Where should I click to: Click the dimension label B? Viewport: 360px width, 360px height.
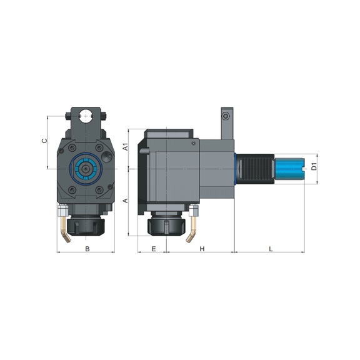pyautogui.click(x=87, y=249)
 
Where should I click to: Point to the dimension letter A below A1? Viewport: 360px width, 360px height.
pyautogui.click(x=125, y=201)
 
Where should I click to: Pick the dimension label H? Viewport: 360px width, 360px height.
pyautogui.click(x=202, y=249)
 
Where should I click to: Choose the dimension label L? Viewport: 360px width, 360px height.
pyautogui.click(x=270, y=249)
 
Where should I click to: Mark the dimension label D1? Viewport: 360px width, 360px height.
pyautogui.click(x=314, y=167)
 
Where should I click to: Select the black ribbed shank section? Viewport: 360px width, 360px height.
pyautogui.click(x=257, y=169)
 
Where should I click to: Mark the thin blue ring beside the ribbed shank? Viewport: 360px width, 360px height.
pyautogui.click(x=236, y=169)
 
